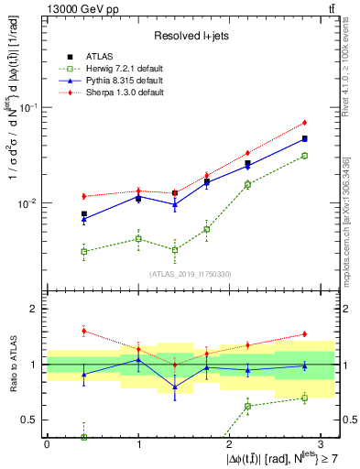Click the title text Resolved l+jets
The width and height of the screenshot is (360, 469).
tap(190, 36)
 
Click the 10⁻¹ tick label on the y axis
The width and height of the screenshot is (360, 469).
tap(29, 107)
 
